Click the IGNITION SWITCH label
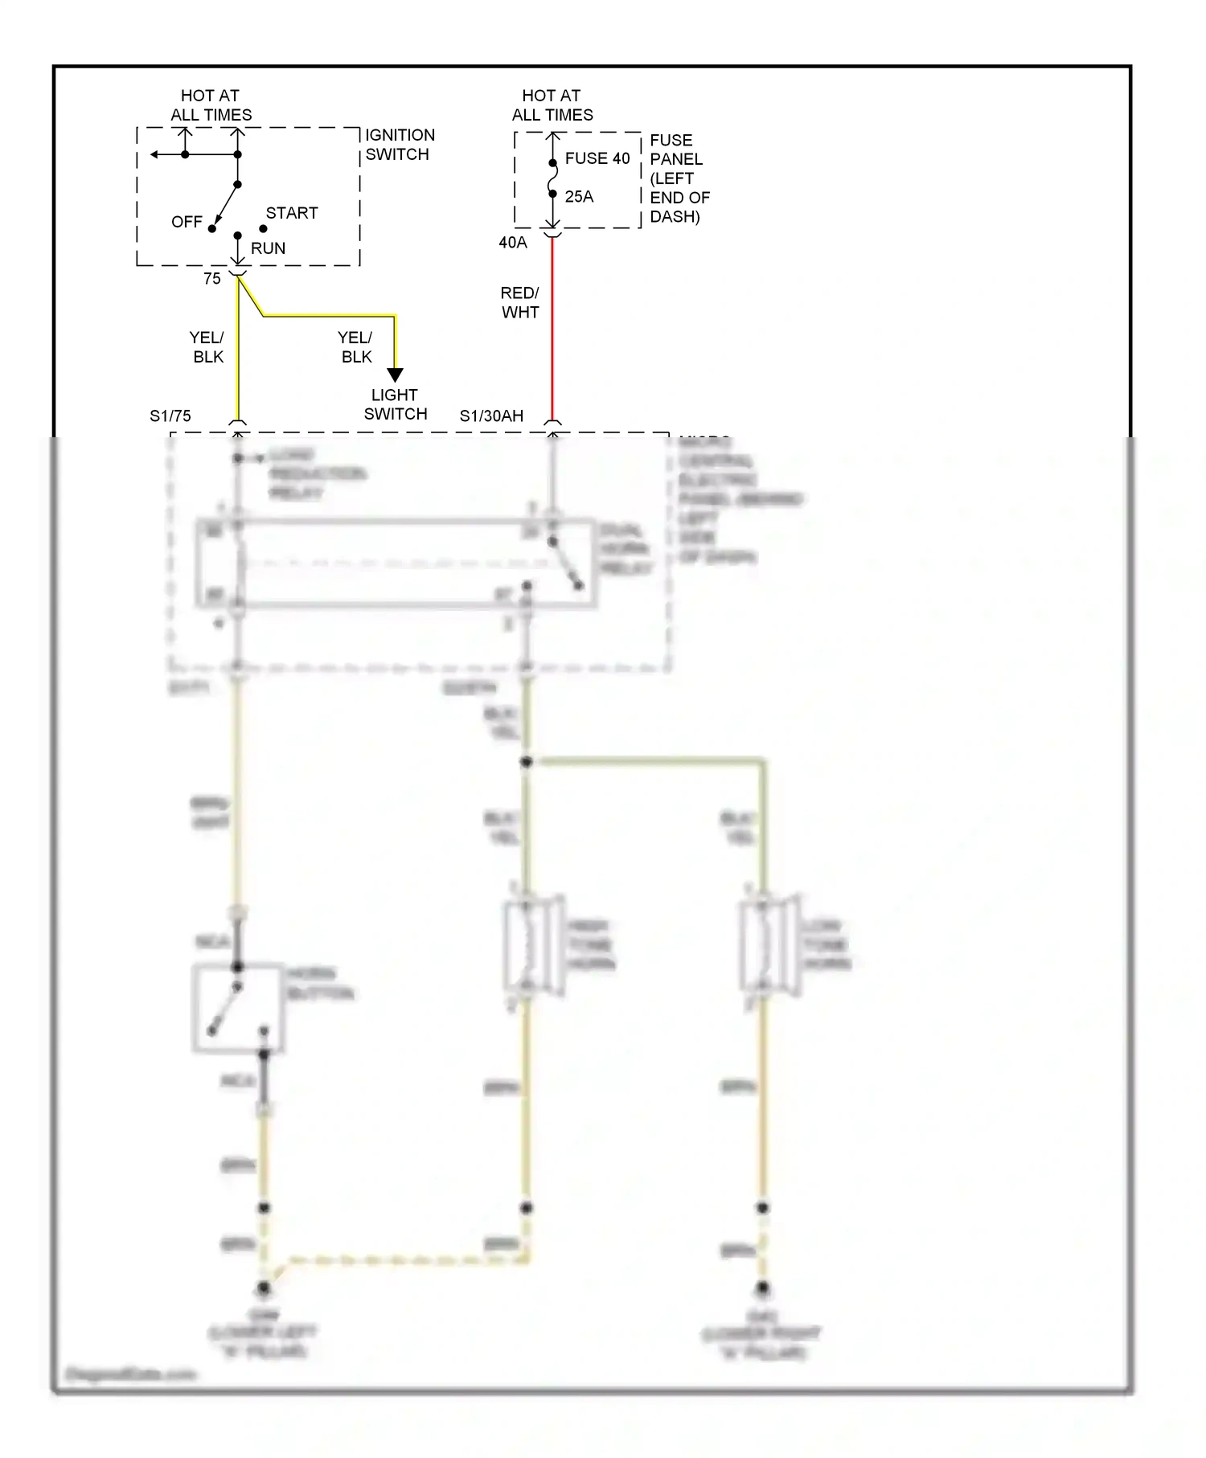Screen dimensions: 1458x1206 (x=400, y=145)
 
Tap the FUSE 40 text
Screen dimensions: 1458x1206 (x=597, y=158)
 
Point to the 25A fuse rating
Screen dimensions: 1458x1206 (x=579, y=197)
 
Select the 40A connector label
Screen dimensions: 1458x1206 (x=513, y=243)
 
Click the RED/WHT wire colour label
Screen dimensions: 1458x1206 (x=520, y=303)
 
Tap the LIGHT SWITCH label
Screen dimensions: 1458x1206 (x=395, y=404)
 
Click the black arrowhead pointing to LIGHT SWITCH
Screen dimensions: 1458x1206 (x=395, y=375)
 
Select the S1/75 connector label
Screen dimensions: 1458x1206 (x=170, y=416)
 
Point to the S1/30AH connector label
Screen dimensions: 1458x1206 (x=491, y=416)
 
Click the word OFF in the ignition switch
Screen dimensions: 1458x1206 (x=187, y=222)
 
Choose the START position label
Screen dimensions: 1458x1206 (x=292, y=213)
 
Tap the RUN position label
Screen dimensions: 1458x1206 (x=268, y=248)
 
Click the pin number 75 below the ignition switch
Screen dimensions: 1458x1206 (x=211, y=279)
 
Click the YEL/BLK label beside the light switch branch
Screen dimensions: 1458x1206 (x=355, y=347)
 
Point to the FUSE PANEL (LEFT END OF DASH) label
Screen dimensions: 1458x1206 (x=679, y=178)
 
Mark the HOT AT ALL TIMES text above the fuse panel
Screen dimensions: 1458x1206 (x=552, y=105)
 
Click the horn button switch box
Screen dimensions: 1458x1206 (x=238, y=1008)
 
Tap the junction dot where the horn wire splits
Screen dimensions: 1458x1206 (x=527, y=761)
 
